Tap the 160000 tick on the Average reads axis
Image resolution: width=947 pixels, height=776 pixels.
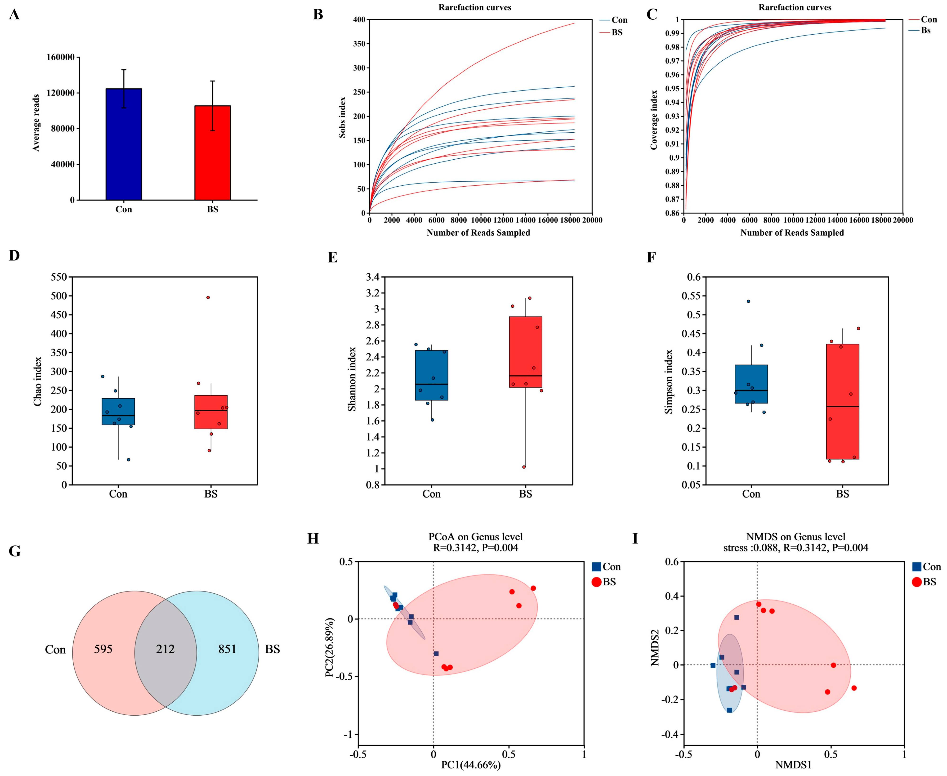tap(60, 57)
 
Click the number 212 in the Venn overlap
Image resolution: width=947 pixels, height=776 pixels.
tap(165, 649)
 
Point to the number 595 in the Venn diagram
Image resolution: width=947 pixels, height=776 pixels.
tap(103, 649)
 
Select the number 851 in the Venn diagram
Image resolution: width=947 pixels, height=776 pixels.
tap(228, 649)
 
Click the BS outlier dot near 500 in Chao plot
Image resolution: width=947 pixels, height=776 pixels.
tap(208, 297)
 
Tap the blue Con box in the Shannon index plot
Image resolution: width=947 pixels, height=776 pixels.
tap(432, 375)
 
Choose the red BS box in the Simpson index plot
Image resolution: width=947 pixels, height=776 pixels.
tap(842, 401)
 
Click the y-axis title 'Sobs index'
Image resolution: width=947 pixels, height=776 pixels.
tap(342, 117)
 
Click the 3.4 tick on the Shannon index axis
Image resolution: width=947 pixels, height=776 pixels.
tap(373, 277)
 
